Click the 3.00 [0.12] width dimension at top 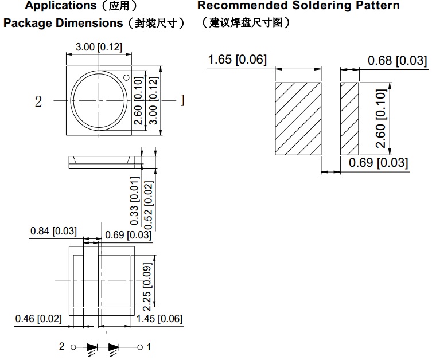99,47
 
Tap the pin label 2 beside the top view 38,101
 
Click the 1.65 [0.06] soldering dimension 237,59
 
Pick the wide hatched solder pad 298,119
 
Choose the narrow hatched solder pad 349,119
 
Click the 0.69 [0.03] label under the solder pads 379,163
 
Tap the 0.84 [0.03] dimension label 53,231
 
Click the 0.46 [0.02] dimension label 38,319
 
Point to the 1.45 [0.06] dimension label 159,319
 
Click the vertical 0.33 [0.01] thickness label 135,202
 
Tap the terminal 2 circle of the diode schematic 73,347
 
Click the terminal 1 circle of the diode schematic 139,347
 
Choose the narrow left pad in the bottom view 78,281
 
